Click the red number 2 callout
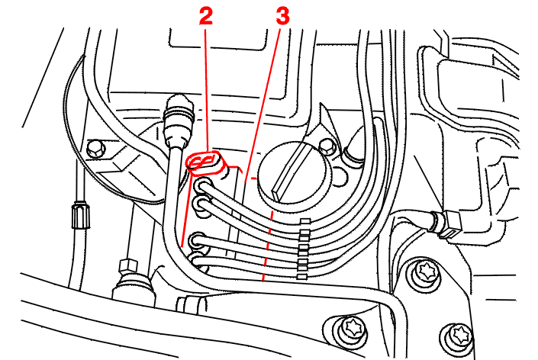pos(206,17)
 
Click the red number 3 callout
pos(282,16)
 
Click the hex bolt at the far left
pos(95,149)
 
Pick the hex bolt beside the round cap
pos(327,146)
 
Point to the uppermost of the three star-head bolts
pos(426,272)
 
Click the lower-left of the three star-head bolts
pos(352,329)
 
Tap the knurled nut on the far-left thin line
pos(81,216)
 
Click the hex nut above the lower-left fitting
pos(128,266)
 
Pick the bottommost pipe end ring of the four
pos(198,262)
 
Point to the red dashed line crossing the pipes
pos(268,246)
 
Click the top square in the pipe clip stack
pos(305,221)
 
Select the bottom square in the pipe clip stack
pos(301,276)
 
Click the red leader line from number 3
pos(263,104)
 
